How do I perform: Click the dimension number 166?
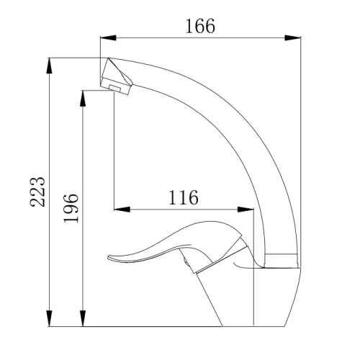tap(200, 26)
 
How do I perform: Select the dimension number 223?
tap(37, 192)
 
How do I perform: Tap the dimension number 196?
tap(71, 208)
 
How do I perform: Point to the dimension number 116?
tap(184, 197)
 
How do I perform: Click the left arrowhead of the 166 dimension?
tap(108, 37)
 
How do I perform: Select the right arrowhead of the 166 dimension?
tap(292, 37)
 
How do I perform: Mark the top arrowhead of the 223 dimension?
tap(49, 66)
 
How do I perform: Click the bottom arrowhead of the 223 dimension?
tap(49, 318)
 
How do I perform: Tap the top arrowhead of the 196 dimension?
tap(83, 98)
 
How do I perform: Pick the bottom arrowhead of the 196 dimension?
tap(83, 318)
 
